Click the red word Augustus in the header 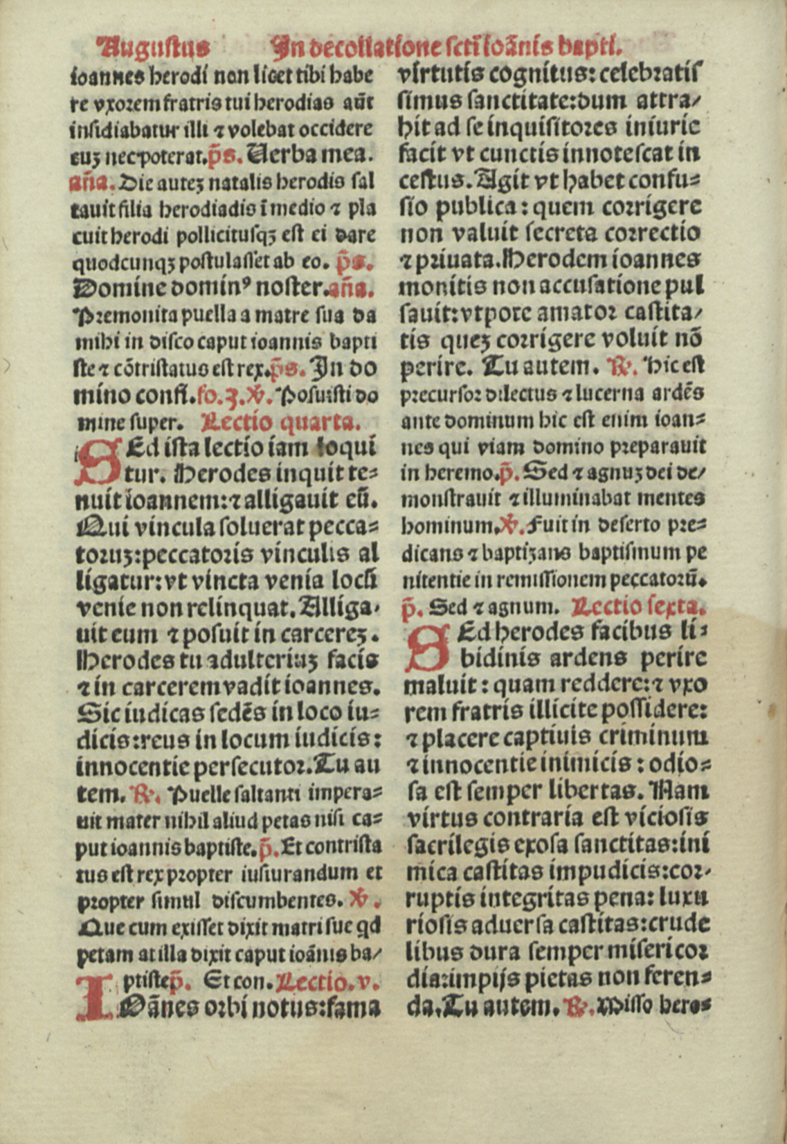click(x=154, y=46)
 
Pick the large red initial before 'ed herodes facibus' click(x=424, y=648)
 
